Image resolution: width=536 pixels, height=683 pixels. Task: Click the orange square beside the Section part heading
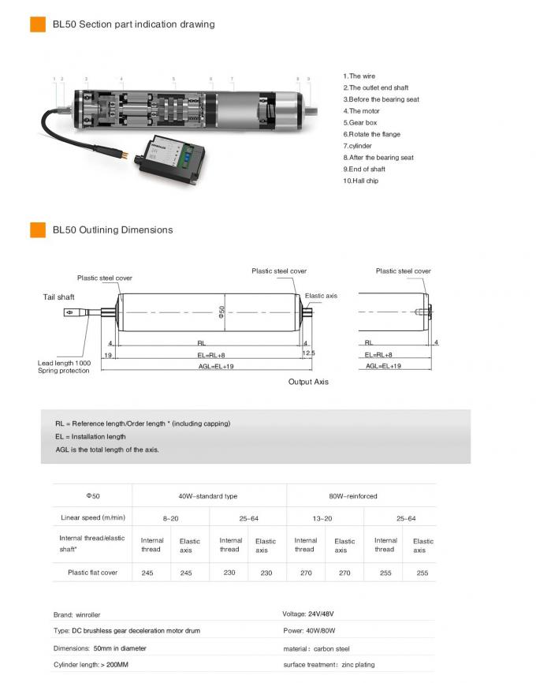[x=37, y=24]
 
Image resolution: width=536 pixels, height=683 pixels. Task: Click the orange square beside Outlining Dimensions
[x=37, y=230]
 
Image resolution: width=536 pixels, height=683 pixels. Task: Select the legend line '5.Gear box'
[x=360, y=123]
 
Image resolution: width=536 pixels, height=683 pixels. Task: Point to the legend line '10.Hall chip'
[x=361, y=181]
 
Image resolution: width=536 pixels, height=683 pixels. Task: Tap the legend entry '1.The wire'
[x=359, y=77]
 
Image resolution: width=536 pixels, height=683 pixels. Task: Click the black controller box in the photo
[x=169, y=153]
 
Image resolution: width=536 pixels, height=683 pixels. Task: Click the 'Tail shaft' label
[x=58, y=297]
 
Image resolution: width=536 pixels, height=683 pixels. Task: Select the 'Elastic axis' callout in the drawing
[x=321, y=296]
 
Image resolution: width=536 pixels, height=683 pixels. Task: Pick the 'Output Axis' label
[x=308, y=382]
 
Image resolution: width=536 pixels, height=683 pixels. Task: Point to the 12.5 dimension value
[x=308, y=353]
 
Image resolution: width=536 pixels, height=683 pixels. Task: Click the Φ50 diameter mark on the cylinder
[x=222, y=312]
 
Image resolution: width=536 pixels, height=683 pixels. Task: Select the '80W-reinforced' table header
[x=352, y=496]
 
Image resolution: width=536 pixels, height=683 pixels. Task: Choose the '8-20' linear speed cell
[x=170, y=518]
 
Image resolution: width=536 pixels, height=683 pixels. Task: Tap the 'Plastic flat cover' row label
[x=92, y=573]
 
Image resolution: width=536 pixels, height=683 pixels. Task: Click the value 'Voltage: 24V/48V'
[x=313, y=614]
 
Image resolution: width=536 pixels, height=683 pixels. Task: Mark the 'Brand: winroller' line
[x=76, y=614]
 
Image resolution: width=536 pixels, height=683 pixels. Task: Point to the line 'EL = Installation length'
[x=90, y=436]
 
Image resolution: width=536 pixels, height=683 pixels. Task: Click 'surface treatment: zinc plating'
[x=329, y=665]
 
